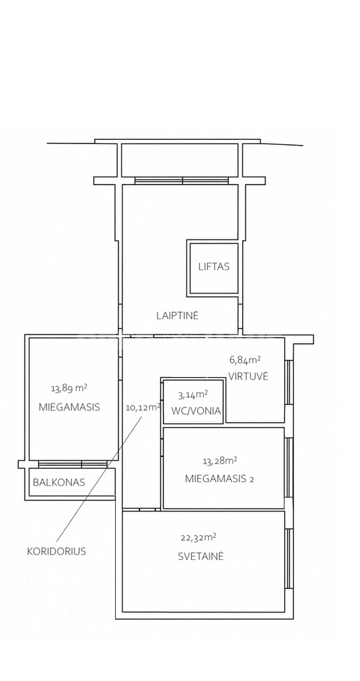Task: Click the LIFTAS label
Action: click(214, 267)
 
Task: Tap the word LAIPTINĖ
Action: click(178, 315)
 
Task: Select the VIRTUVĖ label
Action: click(249, 376)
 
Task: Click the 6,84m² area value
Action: click(245, 360)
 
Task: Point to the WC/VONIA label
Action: click(196, 411)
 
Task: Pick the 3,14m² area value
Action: click(193, 395)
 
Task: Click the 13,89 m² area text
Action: click(66, 388)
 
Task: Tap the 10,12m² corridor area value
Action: click(143, 408)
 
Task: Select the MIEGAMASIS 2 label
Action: click(220, 479)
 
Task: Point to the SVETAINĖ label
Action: click(201, 556)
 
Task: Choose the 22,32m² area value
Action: click(199, 537)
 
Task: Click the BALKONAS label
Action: click(59, 482)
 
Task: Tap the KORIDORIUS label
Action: click(57, 551)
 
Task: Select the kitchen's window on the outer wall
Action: click(289, 382)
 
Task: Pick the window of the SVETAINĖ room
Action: click(289, 559)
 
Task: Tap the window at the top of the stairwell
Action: click(182, 181)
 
